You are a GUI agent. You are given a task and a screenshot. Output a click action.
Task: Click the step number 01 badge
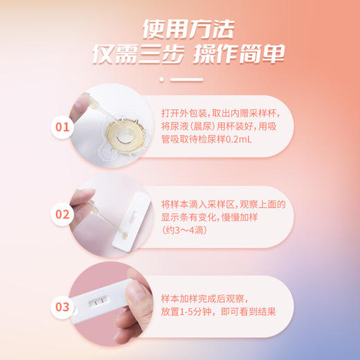[x=63, y=127]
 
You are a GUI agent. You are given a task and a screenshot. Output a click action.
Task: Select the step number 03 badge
[x=63, y=305]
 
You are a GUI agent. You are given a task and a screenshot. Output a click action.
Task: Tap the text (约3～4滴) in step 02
[x=183, y=230]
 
